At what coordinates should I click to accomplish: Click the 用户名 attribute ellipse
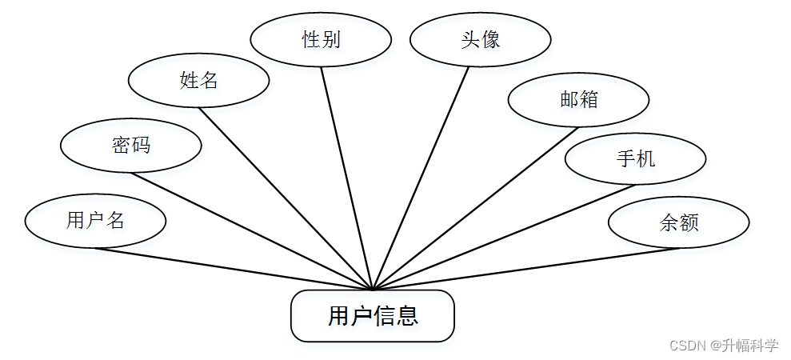(x=95, y=220)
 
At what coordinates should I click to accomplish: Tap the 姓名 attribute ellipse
(x=199, y=80)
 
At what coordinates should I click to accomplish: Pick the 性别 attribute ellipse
(x=321, y=38)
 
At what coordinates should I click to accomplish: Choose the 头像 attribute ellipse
(x=481, y=38)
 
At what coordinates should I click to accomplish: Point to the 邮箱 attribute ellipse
(x=579, y=99)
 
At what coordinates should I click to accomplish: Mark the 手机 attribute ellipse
(x=636, y=158)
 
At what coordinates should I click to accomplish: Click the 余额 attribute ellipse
(x=679, y=222)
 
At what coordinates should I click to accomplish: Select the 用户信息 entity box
(x=373, y=316)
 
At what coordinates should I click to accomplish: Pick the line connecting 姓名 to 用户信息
(x=286, y=198)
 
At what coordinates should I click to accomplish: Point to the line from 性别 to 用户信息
(x=346, y=177)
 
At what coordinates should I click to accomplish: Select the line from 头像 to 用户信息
(x=421, y=177)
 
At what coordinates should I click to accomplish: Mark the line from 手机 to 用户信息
(x=504, y=237)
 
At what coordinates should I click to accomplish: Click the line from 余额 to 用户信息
(x=525, y=268)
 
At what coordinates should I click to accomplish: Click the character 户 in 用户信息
(x=362, y=316)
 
